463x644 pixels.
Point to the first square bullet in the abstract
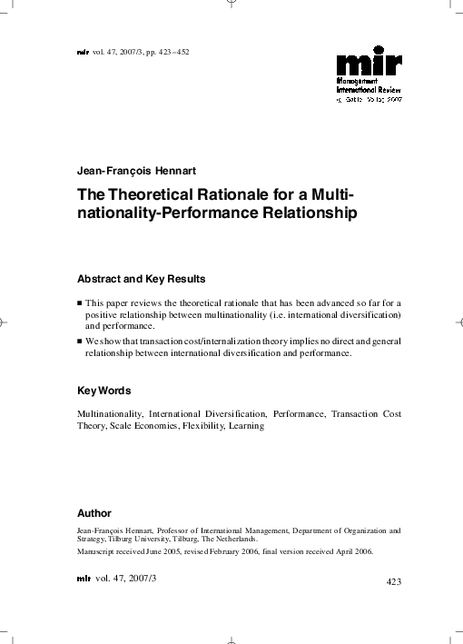80,302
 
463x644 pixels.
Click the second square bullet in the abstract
80,341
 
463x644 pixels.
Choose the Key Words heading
104,391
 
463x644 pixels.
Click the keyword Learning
246,425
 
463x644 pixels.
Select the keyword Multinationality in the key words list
109,413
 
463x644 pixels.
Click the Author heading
94,513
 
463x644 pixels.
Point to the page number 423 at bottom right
394,580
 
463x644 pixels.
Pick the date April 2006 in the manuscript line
348,550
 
